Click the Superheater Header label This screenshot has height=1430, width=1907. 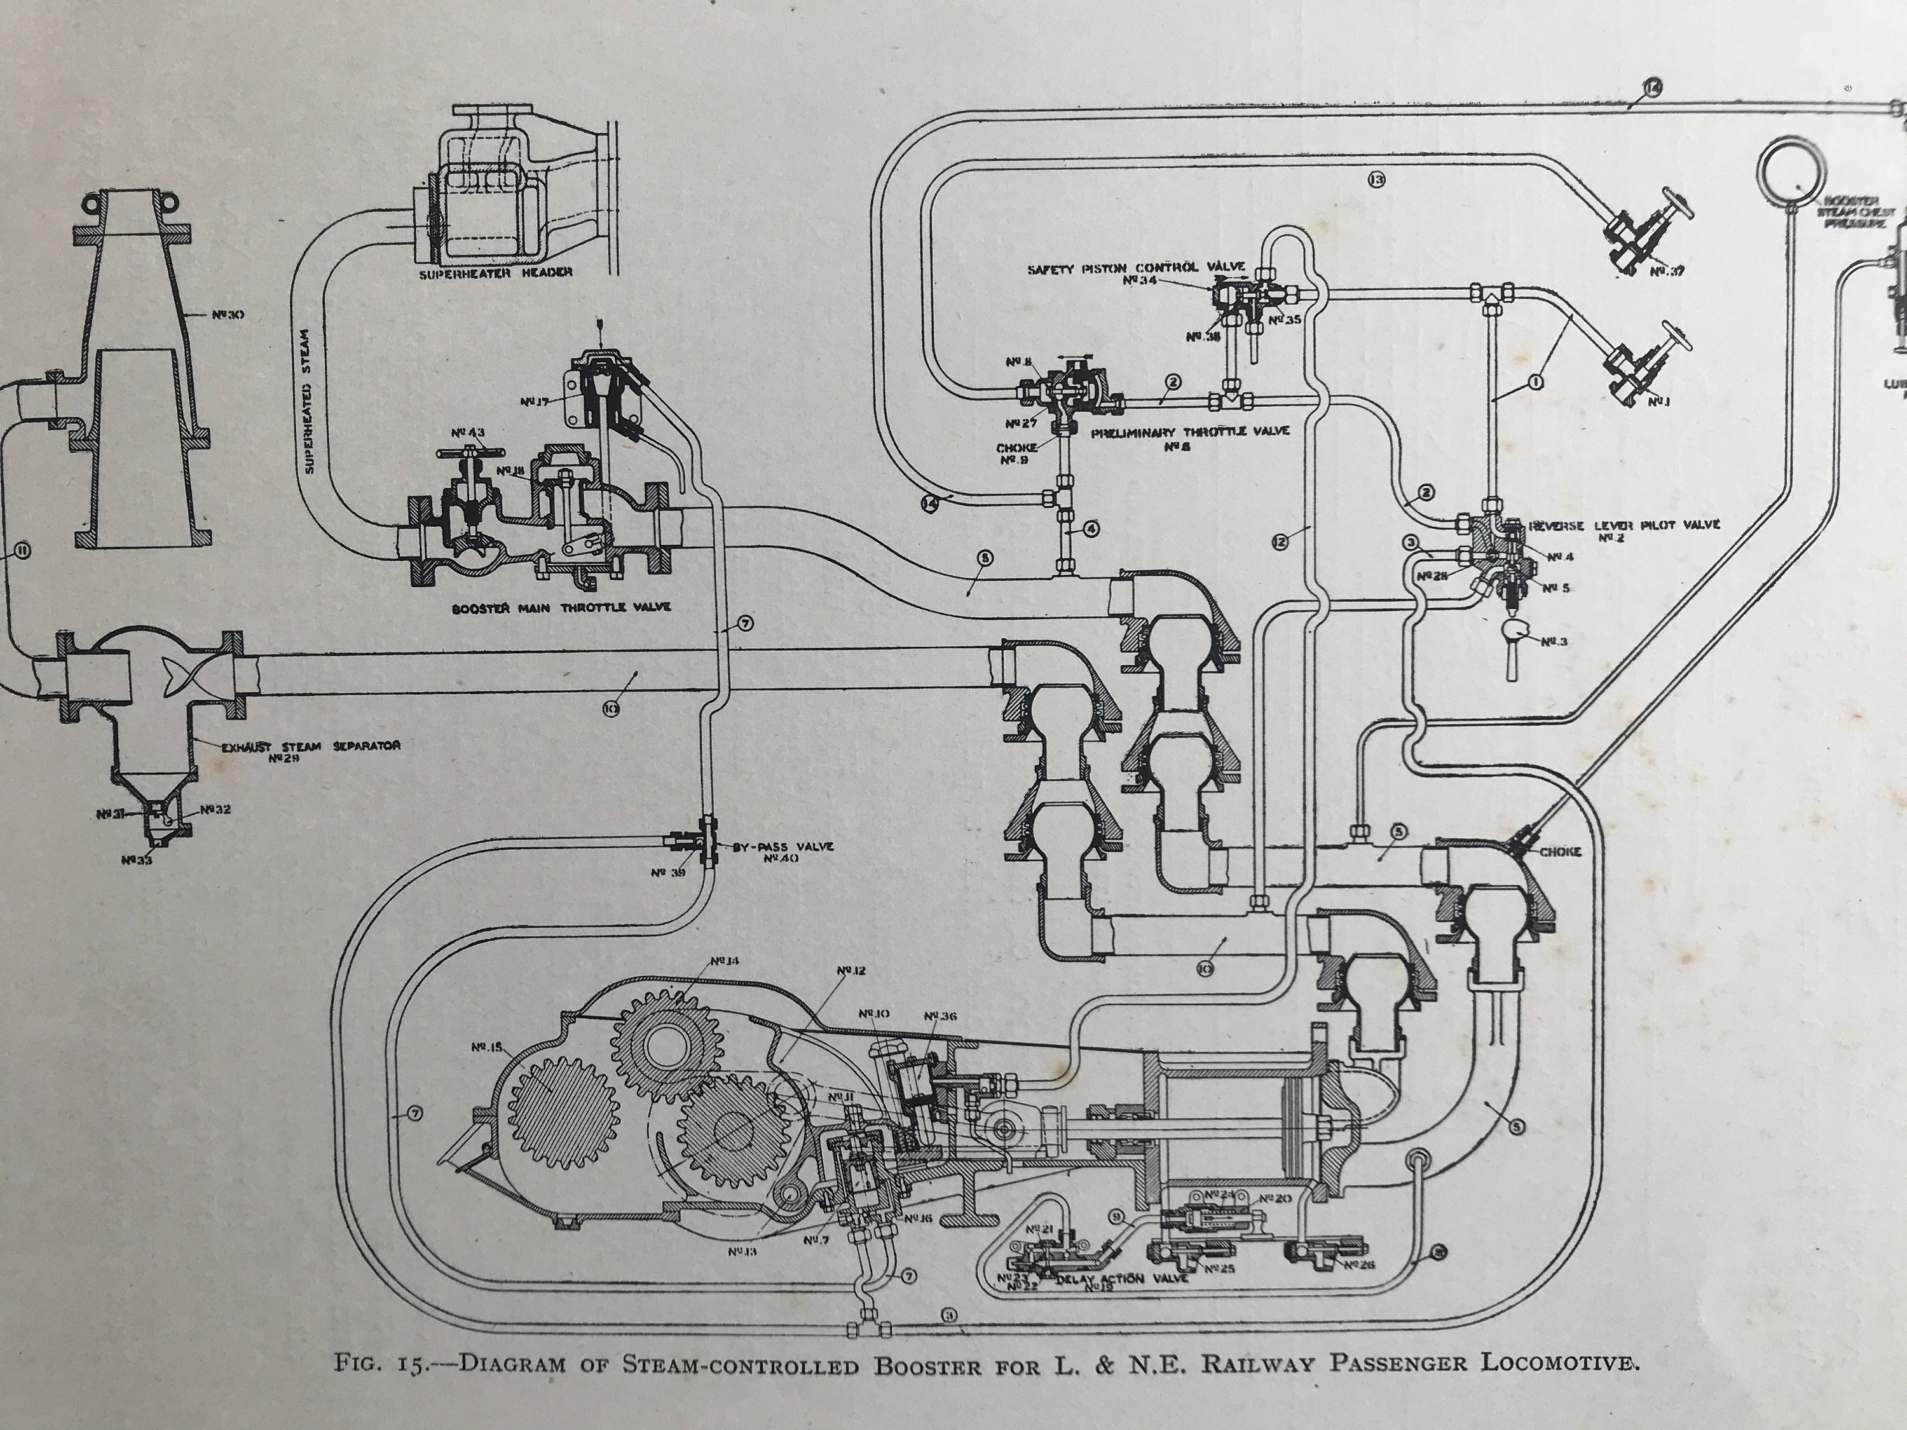click(x=496, y=273)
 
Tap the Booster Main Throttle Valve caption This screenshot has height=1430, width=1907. click(x=561, y=608)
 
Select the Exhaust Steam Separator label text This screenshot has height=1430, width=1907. click(x=310, y=747)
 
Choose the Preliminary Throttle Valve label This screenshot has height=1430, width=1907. click(x=1190, y=432)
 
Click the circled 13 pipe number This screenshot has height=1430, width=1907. click(x=1376, y=179)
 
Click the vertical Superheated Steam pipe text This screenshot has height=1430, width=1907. click(x=311, y=397)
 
